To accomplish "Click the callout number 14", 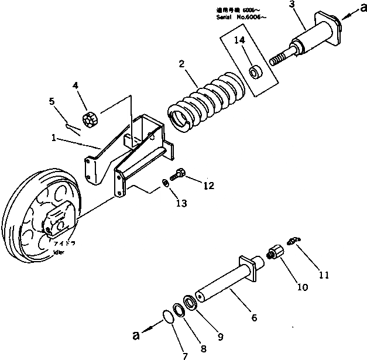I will coord(239,40).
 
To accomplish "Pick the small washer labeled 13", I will coord(166,184).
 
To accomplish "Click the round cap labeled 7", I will coord(167,316).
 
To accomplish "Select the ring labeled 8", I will coord(179,310).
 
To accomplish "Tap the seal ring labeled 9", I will coord(190,303).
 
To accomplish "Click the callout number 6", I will coord(253,318).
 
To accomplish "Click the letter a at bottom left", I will coord(137,335).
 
